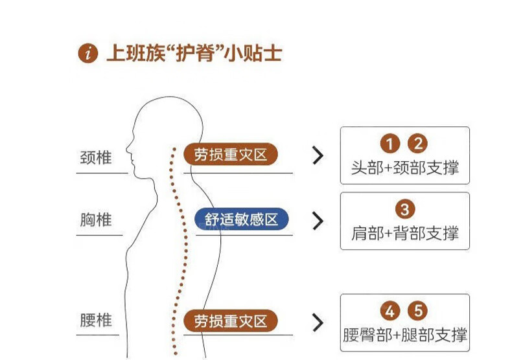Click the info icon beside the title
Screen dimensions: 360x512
(87, 53)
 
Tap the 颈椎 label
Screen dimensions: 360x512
(96, 157)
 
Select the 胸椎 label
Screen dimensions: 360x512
(96, 220)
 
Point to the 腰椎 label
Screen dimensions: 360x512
(96, 321)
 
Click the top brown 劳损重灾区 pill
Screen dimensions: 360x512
(230, 155)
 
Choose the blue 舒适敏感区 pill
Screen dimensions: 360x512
(242, 219)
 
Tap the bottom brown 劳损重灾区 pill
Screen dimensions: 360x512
(230, 321)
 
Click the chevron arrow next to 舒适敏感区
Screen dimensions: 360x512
(317, 221)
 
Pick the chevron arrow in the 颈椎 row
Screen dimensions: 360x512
(317, 155)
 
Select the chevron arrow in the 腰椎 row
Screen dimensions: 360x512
(317, 322)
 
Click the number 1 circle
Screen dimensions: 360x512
(390, 144)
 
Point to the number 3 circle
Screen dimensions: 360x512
(404, 209)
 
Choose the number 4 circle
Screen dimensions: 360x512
(390, 311)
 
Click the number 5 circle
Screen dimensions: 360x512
(419, 311)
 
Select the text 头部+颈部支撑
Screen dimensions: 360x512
(404, 168)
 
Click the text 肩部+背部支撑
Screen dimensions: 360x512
(404, 233)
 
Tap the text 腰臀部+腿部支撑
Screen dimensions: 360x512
(404, 335)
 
